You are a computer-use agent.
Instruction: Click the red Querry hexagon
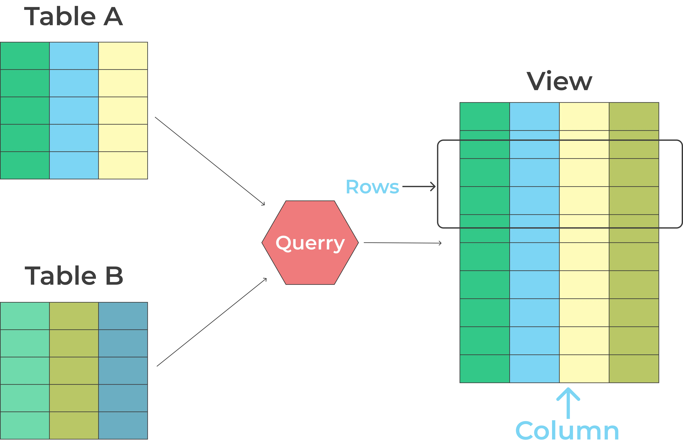click(310, 242)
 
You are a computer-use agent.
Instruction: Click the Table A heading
click(74, 17)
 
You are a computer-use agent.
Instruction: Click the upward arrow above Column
click(568, 403)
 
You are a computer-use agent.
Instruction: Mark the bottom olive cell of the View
click(634, 369)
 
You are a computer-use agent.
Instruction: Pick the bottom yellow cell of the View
click(584, 369)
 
